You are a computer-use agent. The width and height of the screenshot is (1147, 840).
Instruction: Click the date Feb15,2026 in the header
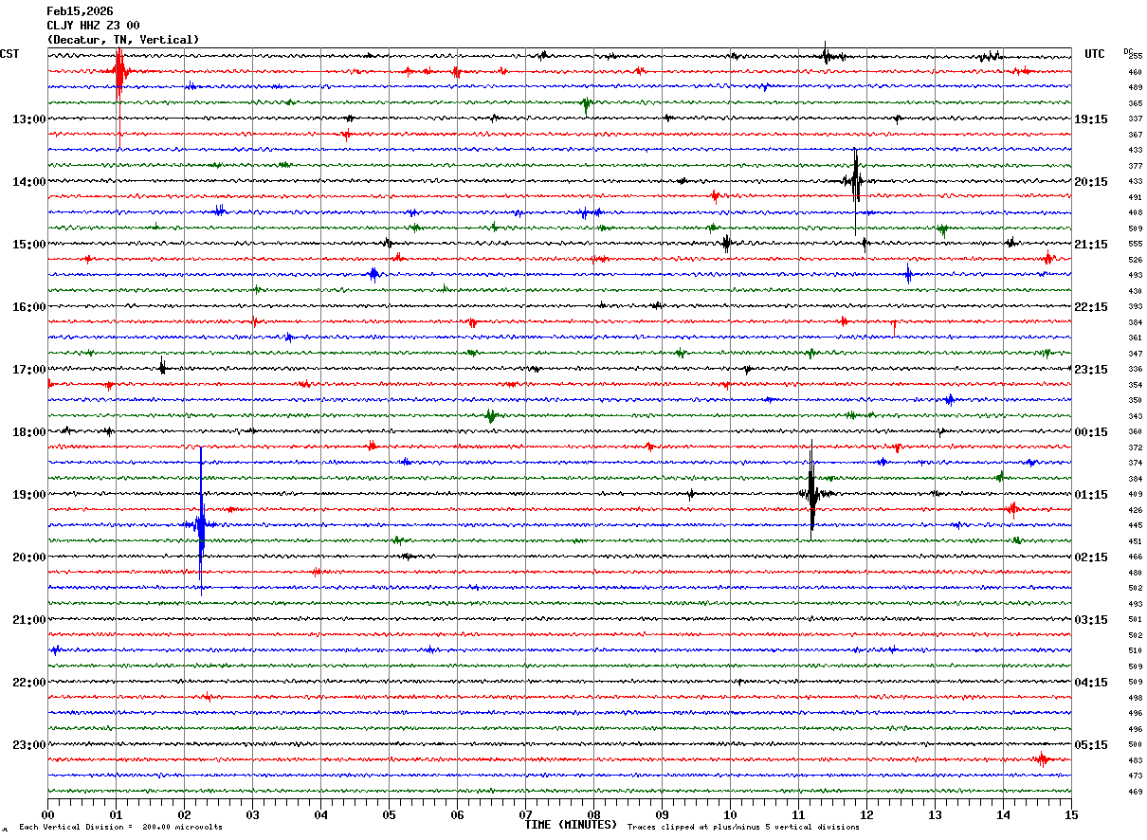[80, 11]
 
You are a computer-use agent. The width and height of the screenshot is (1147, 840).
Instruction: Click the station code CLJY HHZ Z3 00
[93, 26]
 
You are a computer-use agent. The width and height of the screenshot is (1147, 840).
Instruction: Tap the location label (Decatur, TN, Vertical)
[123, 40]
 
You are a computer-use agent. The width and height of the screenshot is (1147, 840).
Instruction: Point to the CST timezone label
[9, 54]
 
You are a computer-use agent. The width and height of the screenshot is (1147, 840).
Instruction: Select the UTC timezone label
[1095, 54]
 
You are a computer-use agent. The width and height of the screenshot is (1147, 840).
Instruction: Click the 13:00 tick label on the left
[28, 119]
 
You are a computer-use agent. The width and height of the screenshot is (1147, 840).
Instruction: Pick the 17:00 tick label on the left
[28, 370]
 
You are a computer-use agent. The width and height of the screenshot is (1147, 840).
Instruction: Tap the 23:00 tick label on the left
[28, 745]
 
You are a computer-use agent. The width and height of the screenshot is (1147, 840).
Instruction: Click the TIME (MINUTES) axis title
[570, 825]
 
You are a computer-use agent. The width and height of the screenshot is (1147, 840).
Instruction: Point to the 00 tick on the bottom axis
[47, 814]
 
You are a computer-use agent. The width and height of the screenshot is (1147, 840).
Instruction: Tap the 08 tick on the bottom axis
[593, 814]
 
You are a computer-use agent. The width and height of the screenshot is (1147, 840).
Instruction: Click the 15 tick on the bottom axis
[1071, 814]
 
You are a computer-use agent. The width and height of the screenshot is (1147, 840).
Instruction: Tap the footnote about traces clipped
[743, 828]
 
